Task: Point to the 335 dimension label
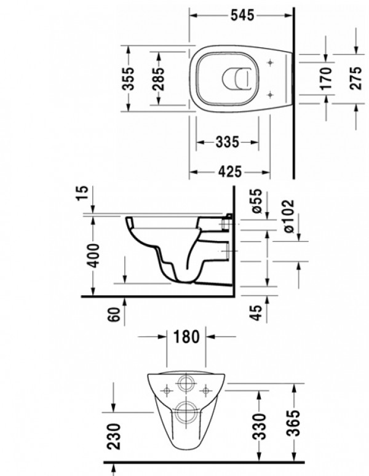click(227, 143)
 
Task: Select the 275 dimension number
click(355, 78)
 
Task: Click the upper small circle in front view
click(185, 384)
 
